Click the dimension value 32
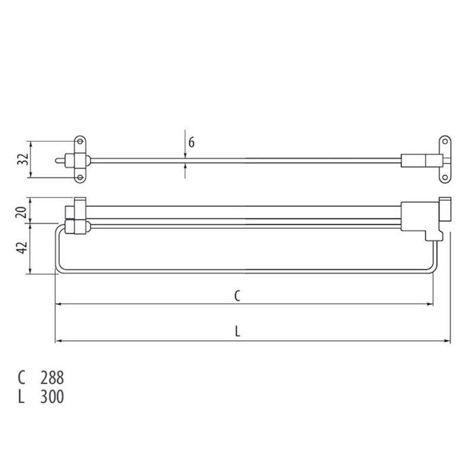coord(22,160)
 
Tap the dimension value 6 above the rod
coord(192,142)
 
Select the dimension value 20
coord(22,210)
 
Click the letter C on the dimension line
coord(237,295)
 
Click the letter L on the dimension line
coord(237,331)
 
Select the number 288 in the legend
coord(51,378)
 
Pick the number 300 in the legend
coord(51,397)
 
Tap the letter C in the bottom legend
coord(22,378)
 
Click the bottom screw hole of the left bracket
coord(80,178)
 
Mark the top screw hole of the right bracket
coord(445,142)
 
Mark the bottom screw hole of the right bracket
coord(445,178)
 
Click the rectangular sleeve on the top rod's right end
coord(414,160)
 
